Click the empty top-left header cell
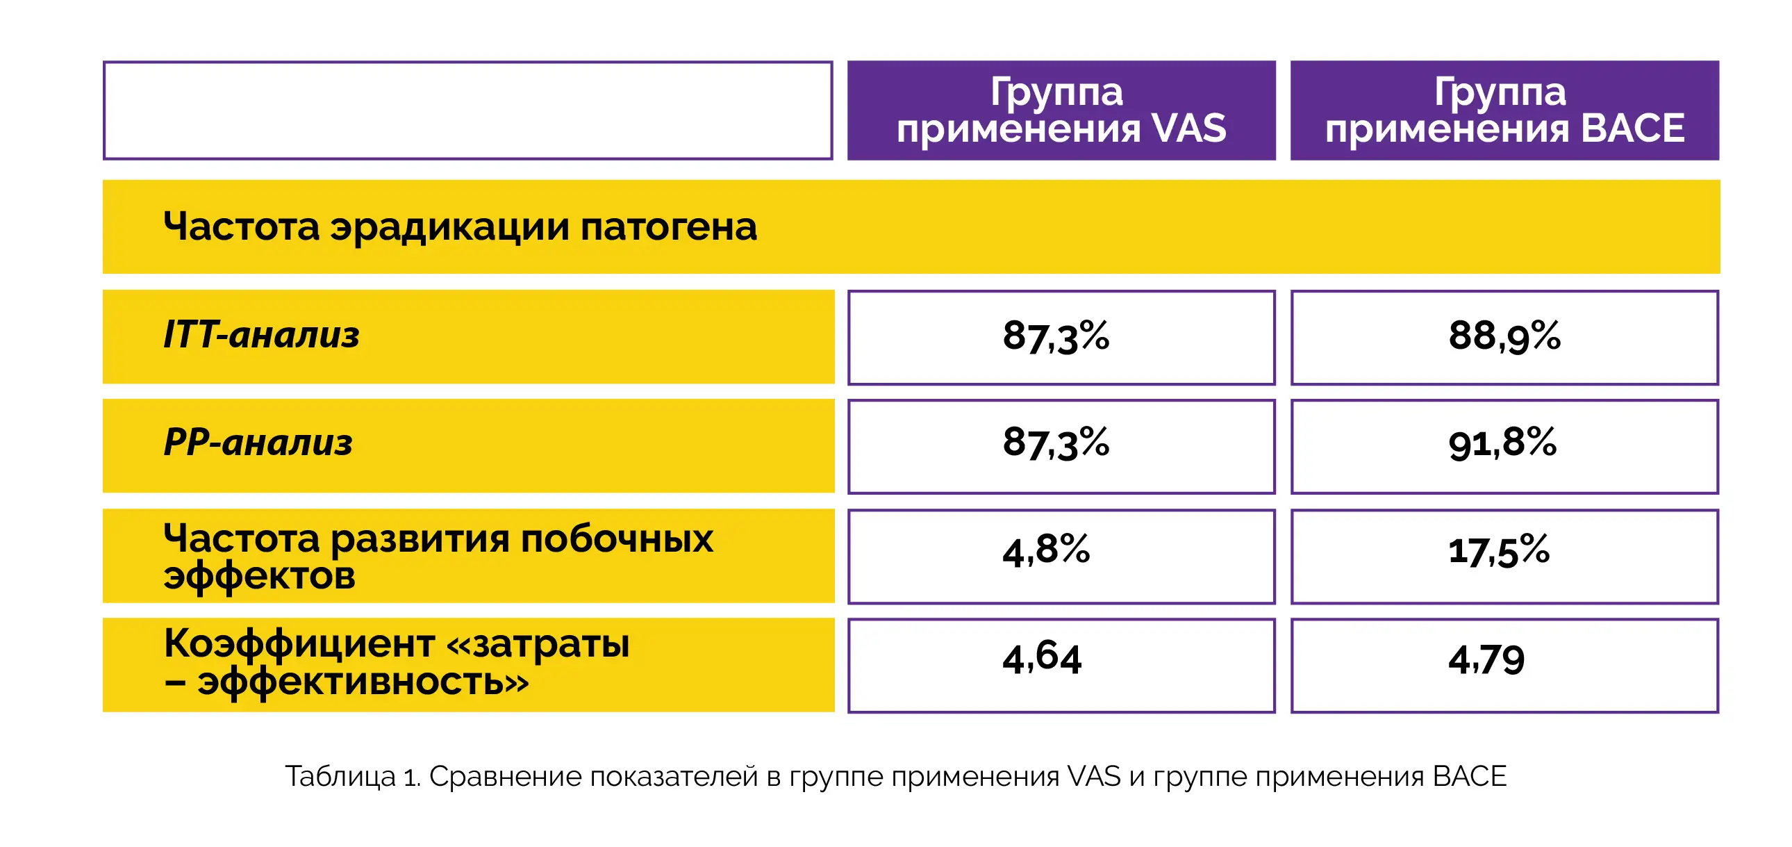coord(467,110)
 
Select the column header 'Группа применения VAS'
coord(1061,110)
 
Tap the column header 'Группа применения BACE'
coord(1504,110)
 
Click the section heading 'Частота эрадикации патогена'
coord(460,227)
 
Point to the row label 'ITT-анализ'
coord(262,336)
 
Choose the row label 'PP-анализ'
coord(258,443)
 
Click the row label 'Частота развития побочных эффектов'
coord(438,556)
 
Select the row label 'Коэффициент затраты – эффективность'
coord(397,662)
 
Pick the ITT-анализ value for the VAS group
coord(1055,337)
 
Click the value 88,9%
coord(1504,337)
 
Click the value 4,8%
coord(1045,551)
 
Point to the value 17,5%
coord(1498,551)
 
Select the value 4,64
coord(1041,659)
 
